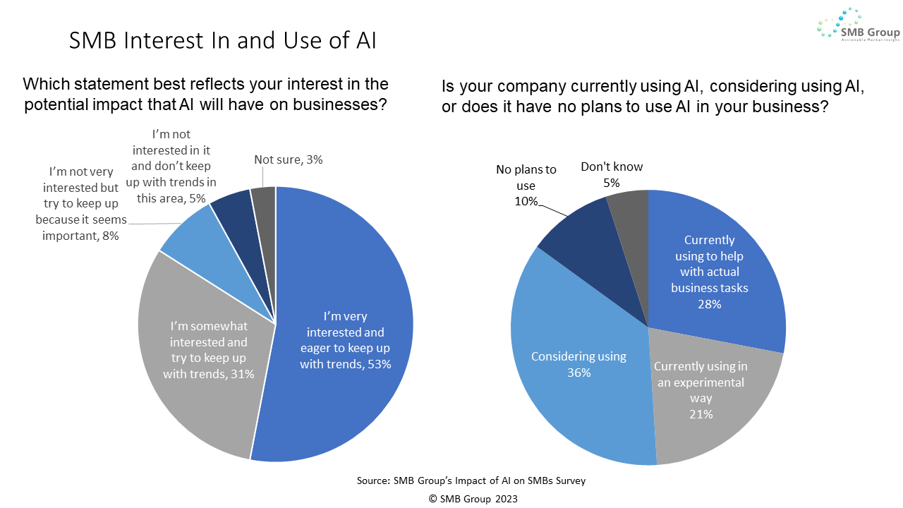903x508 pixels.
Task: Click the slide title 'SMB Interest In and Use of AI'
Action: tap(222, 40)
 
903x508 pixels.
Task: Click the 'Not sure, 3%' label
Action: tap(288, 159)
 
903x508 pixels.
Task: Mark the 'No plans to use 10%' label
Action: tap(526, 186)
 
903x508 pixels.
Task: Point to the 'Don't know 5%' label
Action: tap(612, 175)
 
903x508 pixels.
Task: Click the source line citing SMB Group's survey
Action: tap(471, 481)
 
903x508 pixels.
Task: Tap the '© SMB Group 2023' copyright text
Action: tap(473, 498)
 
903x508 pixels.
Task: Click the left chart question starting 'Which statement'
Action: tap(205, 93)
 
